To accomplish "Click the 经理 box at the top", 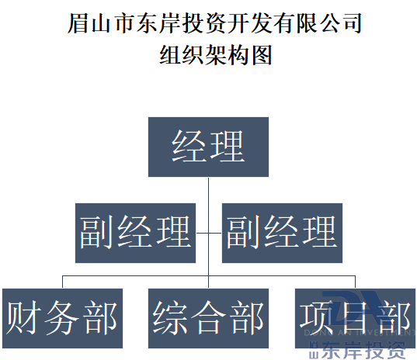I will [208, 146].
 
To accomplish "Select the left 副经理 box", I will [135, 232].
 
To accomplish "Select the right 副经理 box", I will [281, 232].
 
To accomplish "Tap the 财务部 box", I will [61, 318].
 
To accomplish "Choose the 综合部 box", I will [208, 318].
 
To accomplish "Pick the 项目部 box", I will [355, 318].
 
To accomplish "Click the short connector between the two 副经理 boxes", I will [208, 232].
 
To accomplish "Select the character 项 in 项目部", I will [318, 318].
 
